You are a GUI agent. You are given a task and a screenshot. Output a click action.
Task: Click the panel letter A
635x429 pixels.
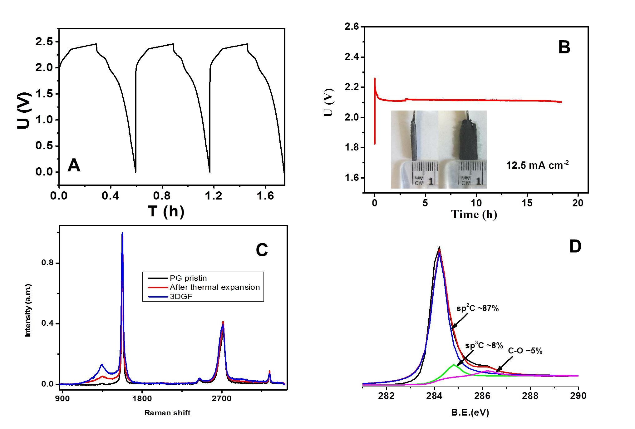(x=74, y=165)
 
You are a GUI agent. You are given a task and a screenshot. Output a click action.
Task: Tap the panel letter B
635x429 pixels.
(x=564, y=47)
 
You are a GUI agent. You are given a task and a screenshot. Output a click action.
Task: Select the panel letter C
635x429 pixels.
(x=262, y=250)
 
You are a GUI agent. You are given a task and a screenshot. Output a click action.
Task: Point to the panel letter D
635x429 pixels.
(x=575, y=247)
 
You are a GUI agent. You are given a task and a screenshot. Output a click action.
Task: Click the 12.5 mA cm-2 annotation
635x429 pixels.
(x=537, y=165)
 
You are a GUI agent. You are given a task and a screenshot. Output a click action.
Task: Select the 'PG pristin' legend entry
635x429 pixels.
(x=188, y=278)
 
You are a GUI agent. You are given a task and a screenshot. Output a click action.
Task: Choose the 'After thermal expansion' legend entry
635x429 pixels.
(x=214, y=287)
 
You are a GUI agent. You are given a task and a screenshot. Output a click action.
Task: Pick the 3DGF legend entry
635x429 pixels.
(x=181, y=297)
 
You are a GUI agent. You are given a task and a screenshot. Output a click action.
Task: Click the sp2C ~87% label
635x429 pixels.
(x=477, y=308)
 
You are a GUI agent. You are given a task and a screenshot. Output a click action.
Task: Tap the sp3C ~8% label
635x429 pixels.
(x=484, y=345)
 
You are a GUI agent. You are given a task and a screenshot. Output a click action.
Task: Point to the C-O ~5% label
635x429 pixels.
(x=525, y=351)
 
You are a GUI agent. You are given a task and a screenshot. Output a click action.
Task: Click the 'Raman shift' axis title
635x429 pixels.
(x=167, y=413)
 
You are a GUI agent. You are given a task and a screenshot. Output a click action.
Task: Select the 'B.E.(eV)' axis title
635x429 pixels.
(x=470, y=413)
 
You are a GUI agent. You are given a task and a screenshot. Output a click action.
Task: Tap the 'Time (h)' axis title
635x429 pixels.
(x=474, y=214)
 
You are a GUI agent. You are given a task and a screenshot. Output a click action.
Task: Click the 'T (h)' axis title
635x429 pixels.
(x=166, y=211)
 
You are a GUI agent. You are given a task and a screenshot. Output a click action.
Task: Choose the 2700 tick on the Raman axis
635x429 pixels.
(x=222, y=399)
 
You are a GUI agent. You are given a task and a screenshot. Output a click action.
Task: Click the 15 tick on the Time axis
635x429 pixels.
(x=527, y=203)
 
